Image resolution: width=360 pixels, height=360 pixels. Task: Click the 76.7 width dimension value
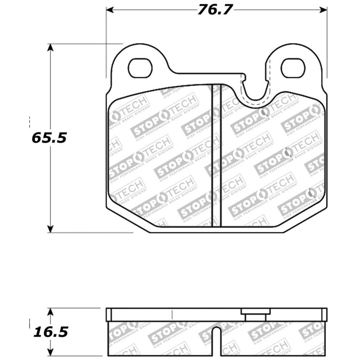tap(215, 10)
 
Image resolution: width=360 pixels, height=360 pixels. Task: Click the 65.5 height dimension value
tap(49, 138)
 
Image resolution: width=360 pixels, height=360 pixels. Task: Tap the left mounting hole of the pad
tap(140, 68)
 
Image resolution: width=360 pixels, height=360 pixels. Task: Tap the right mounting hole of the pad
tap(293, 68)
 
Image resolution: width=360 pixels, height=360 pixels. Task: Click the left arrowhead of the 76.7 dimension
tap(110, 10)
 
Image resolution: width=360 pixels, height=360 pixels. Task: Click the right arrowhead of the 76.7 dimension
tap(323, 10)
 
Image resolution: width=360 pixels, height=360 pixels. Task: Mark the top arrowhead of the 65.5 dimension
tap(50, 47)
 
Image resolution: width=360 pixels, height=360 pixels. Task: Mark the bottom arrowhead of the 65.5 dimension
tap(50, 229)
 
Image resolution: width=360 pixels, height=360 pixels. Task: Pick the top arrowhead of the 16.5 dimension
tap(50, 311)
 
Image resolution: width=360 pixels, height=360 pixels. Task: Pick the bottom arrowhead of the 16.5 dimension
tap(50, 352)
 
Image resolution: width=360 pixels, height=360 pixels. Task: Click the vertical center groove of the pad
tap(216, 155)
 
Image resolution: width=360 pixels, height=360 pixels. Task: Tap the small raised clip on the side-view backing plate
tap(255, 314)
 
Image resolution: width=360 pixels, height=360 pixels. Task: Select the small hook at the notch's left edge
tap(244, 78)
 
